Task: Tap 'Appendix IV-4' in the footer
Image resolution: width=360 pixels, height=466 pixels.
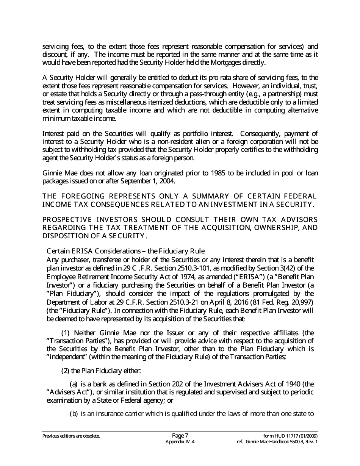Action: [180, 442]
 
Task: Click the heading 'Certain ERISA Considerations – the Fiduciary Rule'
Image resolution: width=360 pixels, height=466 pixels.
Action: [125, 251]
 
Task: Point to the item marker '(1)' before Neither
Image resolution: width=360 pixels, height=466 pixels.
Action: [66, 333]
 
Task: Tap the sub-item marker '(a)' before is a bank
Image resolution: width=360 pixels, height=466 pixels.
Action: [74, 384]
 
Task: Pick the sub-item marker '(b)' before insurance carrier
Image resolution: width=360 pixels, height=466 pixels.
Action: [74, 413]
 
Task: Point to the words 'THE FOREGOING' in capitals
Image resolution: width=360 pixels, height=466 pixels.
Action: [74, 196]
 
